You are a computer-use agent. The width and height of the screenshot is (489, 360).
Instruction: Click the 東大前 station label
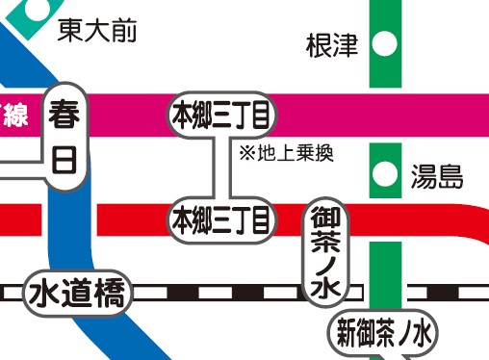(96, 31)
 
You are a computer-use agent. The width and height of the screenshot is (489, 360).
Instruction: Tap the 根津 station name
(331, 44)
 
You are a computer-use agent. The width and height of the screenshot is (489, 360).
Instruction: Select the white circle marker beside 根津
(385, 43)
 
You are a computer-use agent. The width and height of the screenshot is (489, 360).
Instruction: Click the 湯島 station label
(438, 176)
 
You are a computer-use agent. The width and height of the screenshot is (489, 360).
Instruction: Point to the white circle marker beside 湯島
(385, 174)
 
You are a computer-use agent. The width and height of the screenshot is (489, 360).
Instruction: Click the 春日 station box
(64, 135)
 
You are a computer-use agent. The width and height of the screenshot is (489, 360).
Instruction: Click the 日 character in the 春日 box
(64, 159)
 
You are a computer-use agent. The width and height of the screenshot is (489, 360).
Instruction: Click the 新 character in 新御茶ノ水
(345, 334)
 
